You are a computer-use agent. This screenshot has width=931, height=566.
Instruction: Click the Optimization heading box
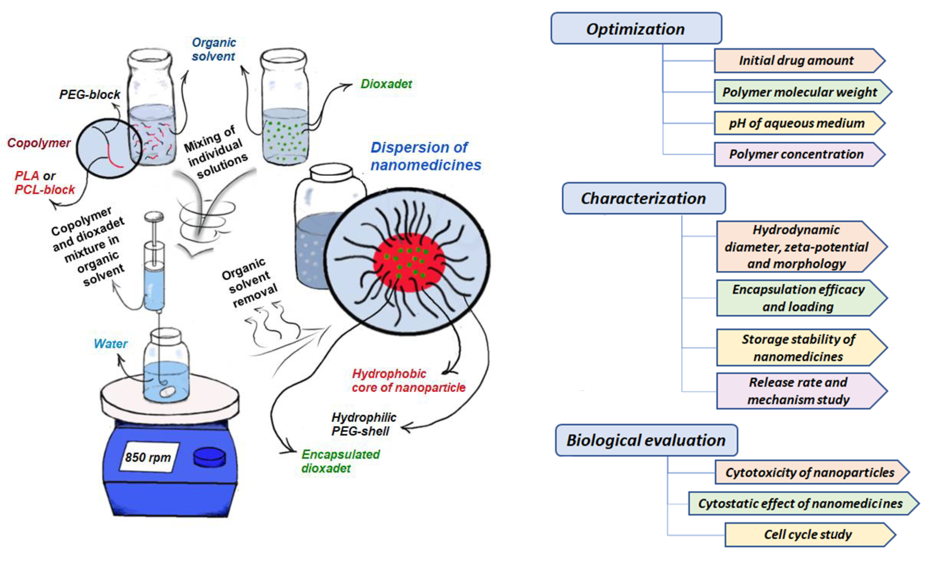[636, 29]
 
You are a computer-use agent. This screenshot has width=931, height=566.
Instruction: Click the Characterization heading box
[643, 198]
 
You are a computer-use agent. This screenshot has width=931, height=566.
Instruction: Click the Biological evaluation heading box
[646, 440]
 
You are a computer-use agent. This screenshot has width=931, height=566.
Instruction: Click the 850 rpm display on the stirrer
[148, 457]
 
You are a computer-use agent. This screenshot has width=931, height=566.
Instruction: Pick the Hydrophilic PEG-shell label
[364, 424]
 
